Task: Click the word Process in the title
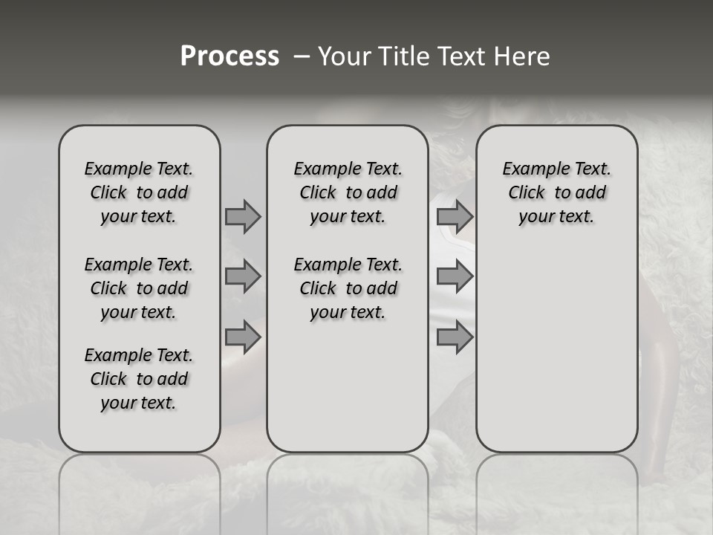229,56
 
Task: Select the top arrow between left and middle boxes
243,216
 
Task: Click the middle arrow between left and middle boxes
243,276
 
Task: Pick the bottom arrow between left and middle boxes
243,337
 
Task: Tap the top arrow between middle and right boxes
455,216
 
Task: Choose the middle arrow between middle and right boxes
455,276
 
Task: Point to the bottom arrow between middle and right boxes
455,337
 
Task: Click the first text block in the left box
139,192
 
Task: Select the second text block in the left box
139,288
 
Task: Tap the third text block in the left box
139,379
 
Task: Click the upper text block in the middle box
348,192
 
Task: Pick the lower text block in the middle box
348,288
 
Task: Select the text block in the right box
556,192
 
